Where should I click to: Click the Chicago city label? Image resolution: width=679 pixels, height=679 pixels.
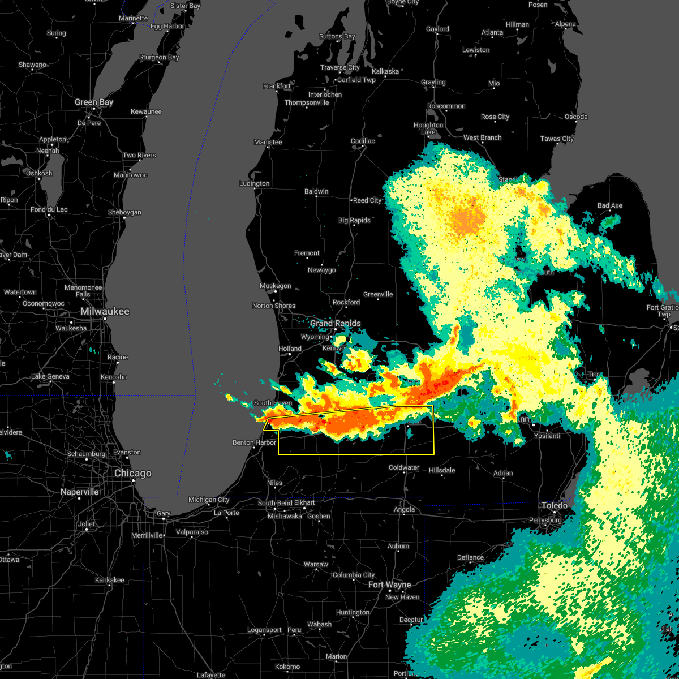[x=132, y=474]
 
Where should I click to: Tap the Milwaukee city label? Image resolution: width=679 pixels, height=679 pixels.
[x=105, y=312]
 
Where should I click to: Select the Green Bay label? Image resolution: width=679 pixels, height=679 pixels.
[x=94, y=102]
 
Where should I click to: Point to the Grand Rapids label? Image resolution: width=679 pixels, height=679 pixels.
[x=335, y=324]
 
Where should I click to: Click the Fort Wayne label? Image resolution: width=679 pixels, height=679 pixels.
[x=389, y=585]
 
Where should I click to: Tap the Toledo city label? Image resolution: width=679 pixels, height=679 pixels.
[x=554, y=505]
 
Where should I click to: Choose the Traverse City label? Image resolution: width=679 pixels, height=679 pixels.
[x=339, y=67]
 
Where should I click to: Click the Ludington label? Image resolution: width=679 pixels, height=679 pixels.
[x=254, y=184]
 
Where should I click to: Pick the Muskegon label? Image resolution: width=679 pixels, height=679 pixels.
[x=275, y=286]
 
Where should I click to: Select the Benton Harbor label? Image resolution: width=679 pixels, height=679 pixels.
[x=254, y=443]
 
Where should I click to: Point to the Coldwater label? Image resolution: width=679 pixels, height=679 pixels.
[x=404, y=468]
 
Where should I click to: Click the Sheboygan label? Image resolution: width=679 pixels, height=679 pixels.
[x=124, y=213]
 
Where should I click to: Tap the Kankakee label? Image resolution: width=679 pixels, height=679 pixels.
[x=109, y=580]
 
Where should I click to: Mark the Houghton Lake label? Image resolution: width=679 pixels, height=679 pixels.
[x=428, y=128]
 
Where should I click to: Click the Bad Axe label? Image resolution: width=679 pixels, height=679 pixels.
[x=609, y=205]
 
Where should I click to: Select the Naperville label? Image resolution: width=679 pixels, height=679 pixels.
[x=79, y=492]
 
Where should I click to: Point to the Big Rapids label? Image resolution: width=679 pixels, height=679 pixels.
[x=354, y=221]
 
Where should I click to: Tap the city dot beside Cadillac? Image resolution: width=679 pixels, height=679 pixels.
[x=362, y=148]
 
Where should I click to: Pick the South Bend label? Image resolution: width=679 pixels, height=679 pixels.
[x=275, y=503]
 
